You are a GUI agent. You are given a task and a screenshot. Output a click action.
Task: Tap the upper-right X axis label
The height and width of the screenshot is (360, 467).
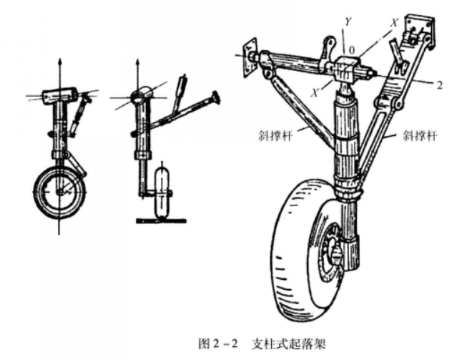click(x=392, y=21)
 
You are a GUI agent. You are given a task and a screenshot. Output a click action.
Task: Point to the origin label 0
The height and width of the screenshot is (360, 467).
click(x=351, y=50)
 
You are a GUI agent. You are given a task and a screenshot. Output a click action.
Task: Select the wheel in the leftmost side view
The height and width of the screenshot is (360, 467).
click(x=59, y=191)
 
